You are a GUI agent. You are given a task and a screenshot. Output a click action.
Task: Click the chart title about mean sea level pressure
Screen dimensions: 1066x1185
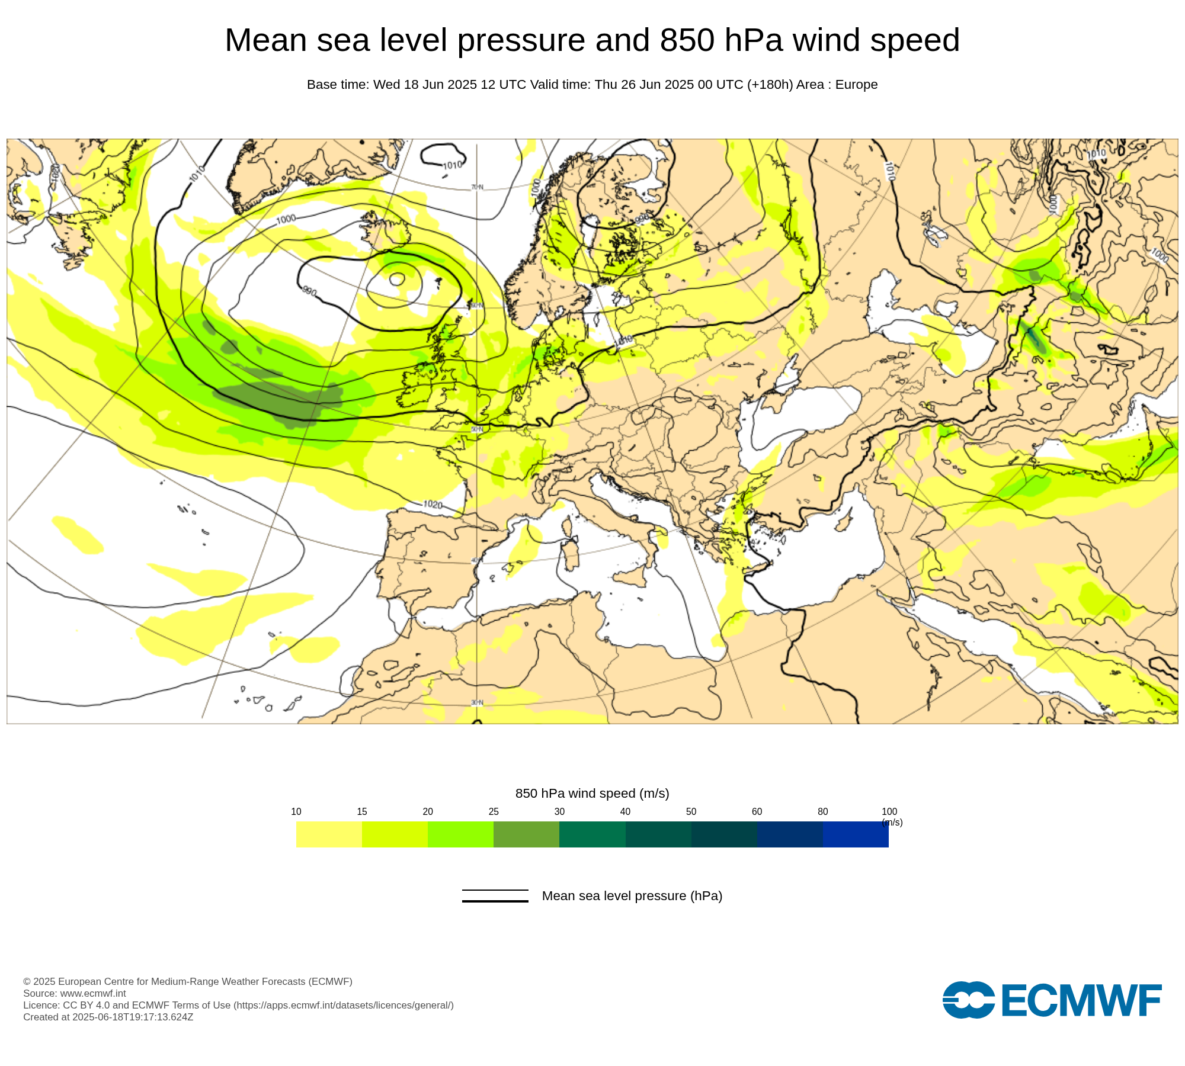coord(592,40)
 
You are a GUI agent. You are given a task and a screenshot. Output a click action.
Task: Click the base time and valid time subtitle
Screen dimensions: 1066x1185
coord(592,85)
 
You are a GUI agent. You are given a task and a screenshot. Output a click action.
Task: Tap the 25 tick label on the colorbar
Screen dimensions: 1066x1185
coord(494,811)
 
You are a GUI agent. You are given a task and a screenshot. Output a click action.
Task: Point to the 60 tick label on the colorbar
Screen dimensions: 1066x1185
coord(757,811)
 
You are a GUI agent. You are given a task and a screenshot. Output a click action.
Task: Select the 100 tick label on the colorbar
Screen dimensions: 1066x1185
coord(889,811)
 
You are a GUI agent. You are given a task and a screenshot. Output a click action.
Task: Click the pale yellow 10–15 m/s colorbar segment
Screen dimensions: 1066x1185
coord(329,834)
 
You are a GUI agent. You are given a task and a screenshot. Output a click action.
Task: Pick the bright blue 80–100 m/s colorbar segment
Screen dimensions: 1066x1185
coord(856,834)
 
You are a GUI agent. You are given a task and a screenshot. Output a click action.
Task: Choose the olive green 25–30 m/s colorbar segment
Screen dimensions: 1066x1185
coord(526,834)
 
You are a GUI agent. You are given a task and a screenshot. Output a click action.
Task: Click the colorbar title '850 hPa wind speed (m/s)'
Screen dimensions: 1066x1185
coord(592,794)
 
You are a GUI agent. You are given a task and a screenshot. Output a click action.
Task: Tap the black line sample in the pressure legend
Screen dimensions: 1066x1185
coord(495,896)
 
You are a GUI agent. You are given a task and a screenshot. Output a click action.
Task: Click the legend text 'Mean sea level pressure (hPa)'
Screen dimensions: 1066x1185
coord(632,896)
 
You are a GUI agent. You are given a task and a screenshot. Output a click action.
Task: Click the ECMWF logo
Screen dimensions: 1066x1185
coord(1052,1000)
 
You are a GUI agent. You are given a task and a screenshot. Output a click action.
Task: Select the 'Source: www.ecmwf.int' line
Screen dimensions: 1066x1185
coord(75,993)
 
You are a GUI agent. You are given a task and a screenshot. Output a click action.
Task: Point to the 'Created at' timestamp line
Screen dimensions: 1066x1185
coord(108,1017)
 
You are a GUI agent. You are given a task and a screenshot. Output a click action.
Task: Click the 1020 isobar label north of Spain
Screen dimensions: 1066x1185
coord(433,505)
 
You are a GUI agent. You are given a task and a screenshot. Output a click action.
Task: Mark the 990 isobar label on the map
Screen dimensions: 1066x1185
coord(309,291)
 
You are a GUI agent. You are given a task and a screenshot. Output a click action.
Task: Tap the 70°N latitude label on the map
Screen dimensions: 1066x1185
coord(477,187)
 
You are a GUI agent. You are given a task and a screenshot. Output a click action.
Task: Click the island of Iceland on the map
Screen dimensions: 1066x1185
coord(385,228)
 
